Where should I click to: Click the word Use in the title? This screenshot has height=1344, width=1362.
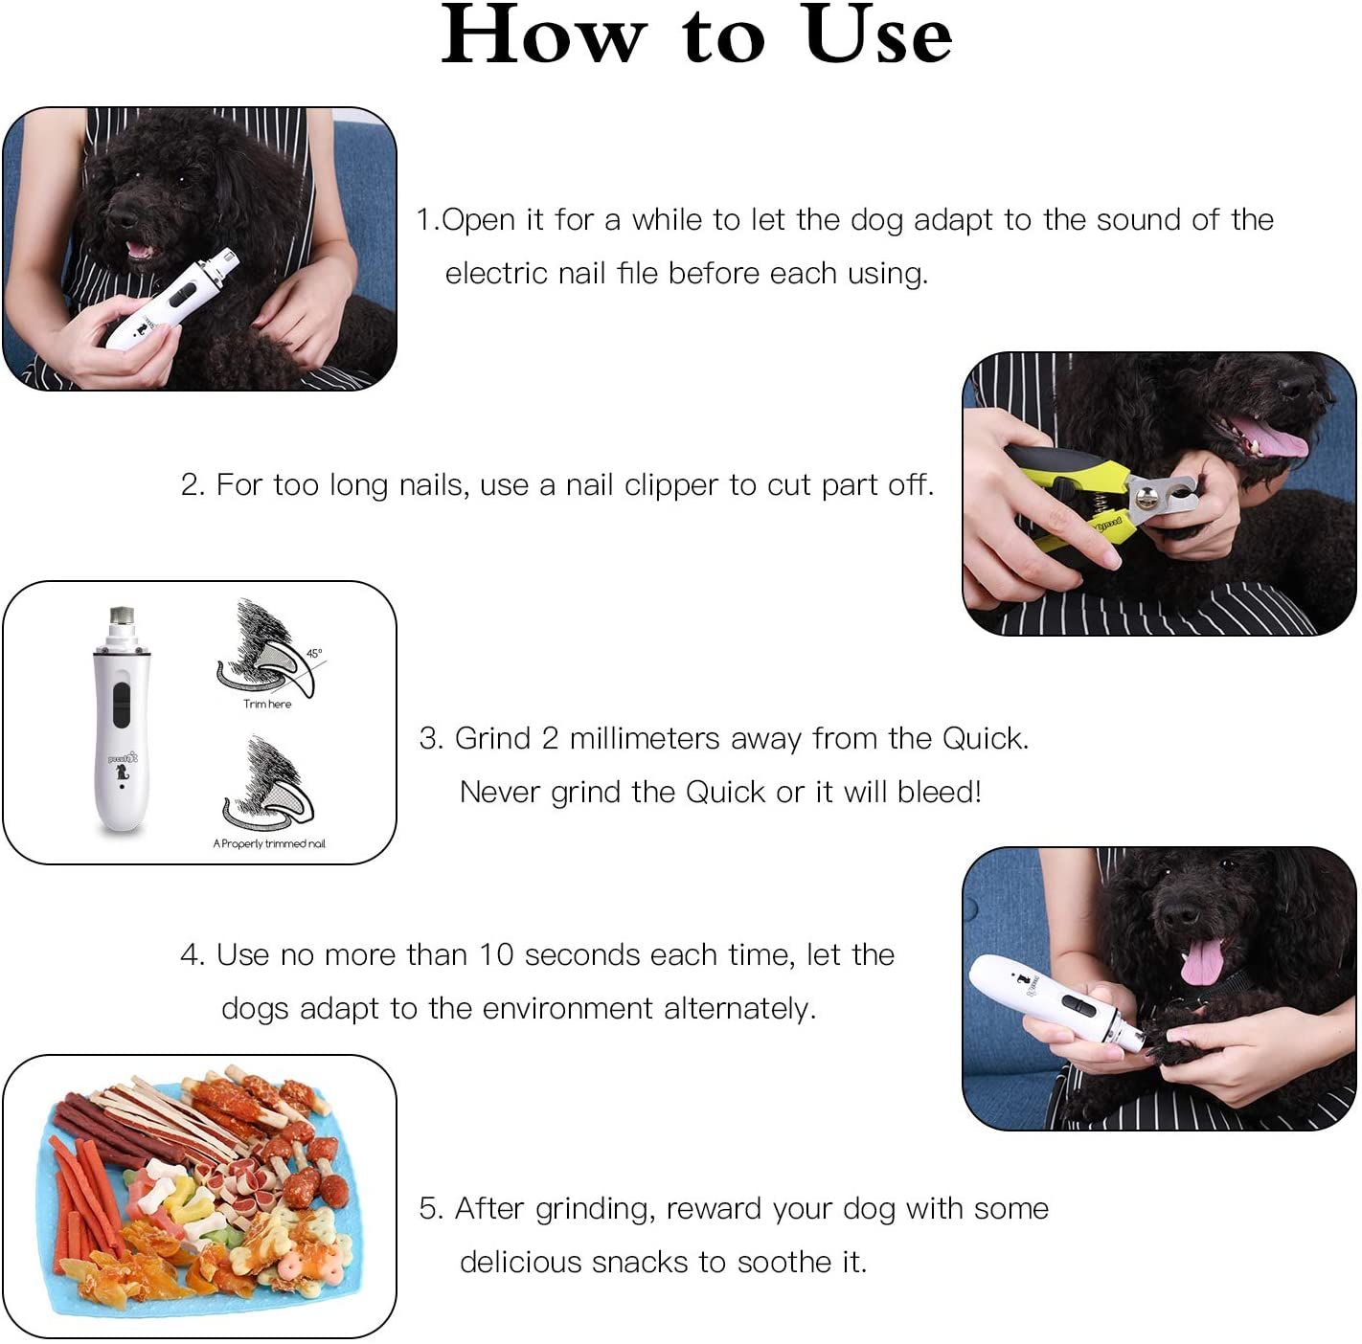coord(878,36)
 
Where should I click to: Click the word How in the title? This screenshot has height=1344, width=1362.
coord(543,36)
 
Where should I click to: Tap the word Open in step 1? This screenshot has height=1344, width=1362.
coord(479,220)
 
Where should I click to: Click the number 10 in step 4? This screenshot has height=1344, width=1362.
coord(497,955)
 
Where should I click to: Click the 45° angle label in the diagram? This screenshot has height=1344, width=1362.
coord(314,654)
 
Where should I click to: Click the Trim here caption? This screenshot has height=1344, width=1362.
coord(267,704)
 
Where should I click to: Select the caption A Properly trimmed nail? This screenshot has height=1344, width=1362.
coord(269,843)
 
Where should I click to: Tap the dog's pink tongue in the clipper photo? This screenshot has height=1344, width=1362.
coord(1272,441)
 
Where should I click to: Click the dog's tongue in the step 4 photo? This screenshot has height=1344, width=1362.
coord(1201,960)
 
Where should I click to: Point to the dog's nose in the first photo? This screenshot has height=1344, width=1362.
coord(123,218)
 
